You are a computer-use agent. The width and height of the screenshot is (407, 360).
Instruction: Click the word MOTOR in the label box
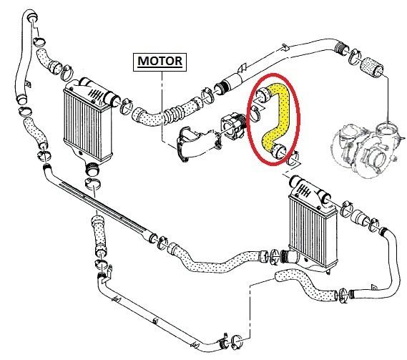(160, 62)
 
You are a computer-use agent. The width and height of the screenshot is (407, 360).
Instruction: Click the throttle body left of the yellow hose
(233, 126)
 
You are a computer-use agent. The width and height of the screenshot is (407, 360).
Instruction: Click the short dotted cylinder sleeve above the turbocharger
(372, 67)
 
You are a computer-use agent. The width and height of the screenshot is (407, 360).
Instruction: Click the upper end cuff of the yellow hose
(263, 95)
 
